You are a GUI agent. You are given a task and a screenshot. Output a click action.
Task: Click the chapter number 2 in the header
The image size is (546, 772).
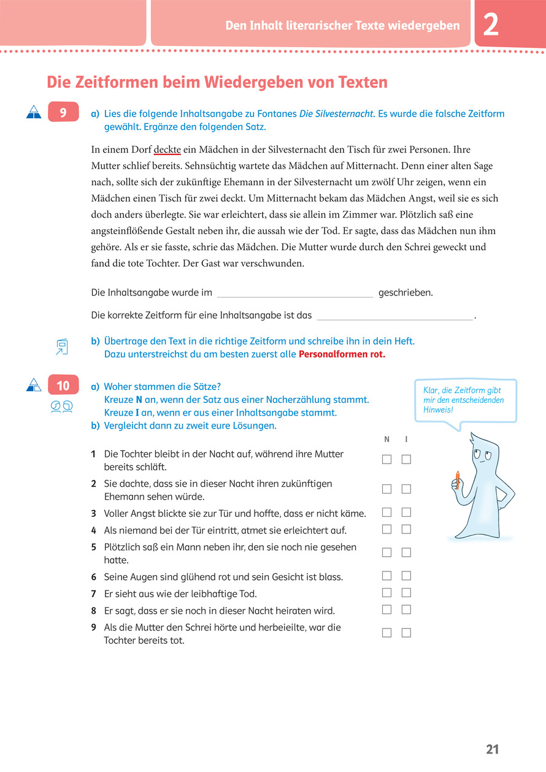tap(491, 25)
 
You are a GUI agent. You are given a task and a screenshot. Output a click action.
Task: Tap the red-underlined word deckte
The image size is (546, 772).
tap(167, 150)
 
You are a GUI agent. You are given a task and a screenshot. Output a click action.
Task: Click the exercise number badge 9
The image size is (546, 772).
tap(63, 112)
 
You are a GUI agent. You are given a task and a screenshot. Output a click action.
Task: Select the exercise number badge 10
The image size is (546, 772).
tap(63, 386)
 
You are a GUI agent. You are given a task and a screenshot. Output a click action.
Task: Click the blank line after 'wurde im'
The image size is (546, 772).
tap(295, 293)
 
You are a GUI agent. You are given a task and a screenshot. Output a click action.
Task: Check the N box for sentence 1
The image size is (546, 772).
tap(387, 459)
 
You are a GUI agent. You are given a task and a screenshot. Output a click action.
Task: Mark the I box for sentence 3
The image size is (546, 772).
tap(406, 512)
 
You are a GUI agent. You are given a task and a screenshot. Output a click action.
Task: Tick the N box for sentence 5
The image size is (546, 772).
tap(387, 552)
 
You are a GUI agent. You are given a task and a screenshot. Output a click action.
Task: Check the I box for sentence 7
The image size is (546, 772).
tap(406, 592)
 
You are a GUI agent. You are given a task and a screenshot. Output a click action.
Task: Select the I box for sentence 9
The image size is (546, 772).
tap(406, 633)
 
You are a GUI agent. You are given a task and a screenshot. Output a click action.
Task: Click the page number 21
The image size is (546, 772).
tap(493, 749)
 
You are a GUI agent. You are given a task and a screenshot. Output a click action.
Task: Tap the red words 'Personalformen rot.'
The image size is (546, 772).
tap(342, 354)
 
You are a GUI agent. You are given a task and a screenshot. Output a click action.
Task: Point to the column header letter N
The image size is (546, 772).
tap(387, 440)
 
